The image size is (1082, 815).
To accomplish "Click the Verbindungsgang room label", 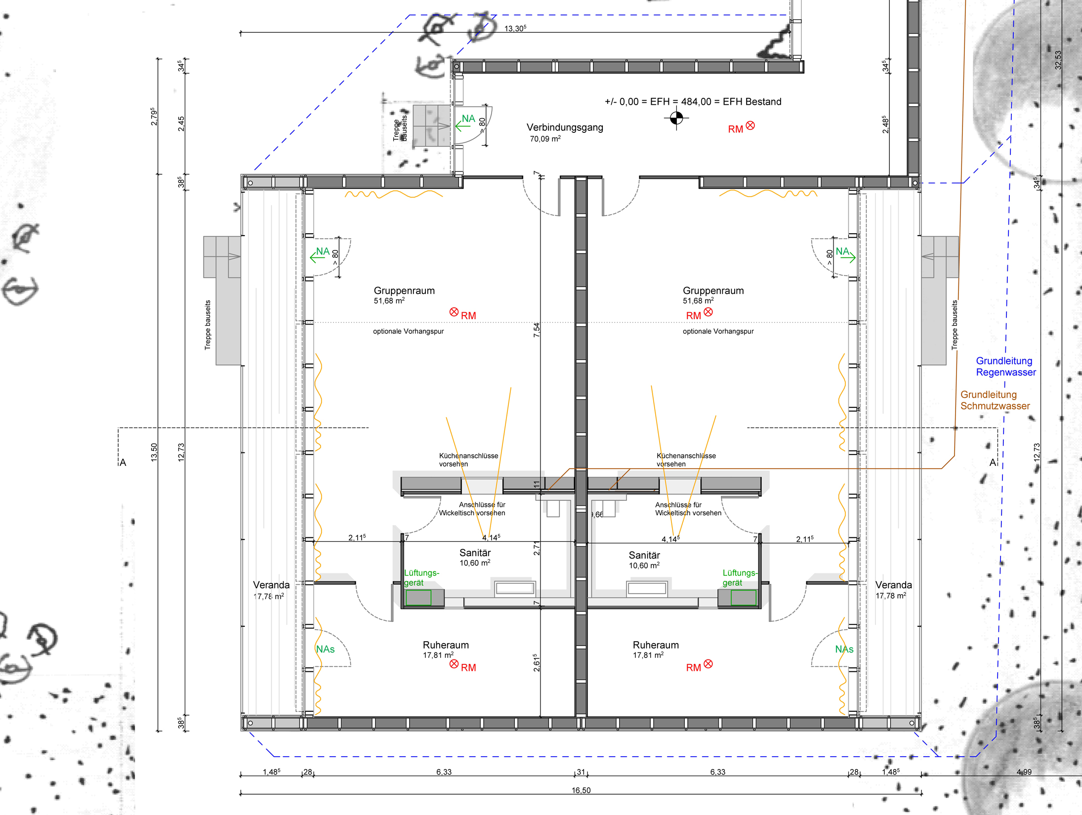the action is click(565, 127).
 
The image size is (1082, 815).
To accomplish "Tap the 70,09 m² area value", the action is click(545, 139).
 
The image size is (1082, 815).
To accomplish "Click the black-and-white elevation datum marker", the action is click(676, 119).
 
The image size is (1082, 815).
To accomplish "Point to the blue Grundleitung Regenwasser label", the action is click(1005, 367).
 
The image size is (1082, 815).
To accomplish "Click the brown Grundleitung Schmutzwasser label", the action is click(995, 400).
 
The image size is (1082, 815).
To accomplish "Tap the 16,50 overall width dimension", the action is click(581, 790).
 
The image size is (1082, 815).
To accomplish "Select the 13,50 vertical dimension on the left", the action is click(154, 452).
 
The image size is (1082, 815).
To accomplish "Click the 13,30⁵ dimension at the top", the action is click(515, 29).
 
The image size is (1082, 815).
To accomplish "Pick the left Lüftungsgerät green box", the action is click(418, 598).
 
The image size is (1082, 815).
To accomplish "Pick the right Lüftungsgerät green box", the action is click(744, 598).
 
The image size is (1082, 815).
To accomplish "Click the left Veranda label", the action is click(271, 585).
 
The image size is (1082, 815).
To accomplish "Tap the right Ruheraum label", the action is click(656, 645).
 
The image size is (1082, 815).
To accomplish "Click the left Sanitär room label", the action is click(475, 553).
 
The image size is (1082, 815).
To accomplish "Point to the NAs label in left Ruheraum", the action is click(326, 650).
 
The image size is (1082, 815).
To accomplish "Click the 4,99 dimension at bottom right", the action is click(1024, 772).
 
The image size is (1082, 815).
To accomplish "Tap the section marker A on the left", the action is click(123, 463).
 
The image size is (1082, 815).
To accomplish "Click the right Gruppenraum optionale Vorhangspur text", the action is click(718, 331).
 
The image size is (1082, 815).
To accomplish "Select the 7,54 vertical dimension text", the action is click(537, 330).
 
